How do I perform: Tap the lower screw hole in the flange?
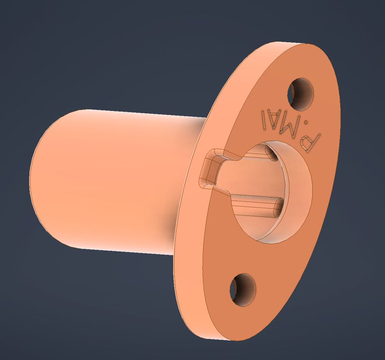243,290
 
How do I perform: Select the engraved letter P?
310,142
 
